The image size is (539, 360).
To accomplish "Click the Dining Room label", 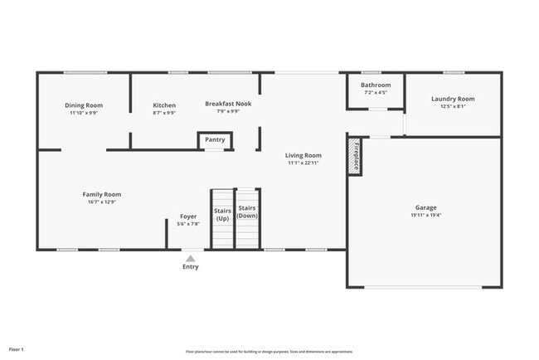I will [x=84, y=105].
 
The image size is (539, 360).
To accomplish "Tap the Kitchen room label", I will [x=164, y=105].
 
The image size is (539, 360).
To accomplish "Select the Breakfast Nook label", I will [x=228, y=104].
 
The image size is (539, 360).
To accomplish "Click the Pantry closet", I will [x=215, y=140].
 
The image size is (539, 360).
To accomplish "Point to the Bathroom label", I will [x=376, y=85].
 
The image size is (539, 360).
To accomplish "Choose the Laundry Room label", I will [x=453, y=99].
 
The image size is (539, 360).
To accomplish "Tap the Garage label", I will [x=426, y=207].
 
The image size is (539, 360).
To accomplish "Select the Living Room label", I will [x=303, y=155].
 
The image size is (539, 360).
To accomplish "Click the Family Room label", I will [x=102, y=194].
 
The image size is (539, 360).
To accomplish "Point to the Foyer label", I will [x=188, y=216].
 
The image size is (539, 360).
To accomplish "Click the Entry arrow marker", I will [x=191, y=258].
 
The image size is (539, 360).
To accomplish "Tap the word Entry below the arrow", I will [x=191, y=267].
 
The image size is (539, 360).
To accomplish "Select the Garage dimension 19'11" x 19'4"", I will [x=426, y=215].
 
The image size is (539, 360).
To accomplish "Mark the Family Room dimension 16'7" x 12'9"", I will [x=102, y=202].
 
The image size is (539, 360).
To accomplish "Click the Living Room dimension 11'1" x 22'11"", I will [x=303, y=163].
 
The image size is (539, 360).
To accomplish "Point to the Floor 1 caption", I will [x=17, y=349].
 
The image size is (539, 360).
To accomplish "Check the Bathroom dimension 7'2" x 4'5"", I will [x=376, y=92].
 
